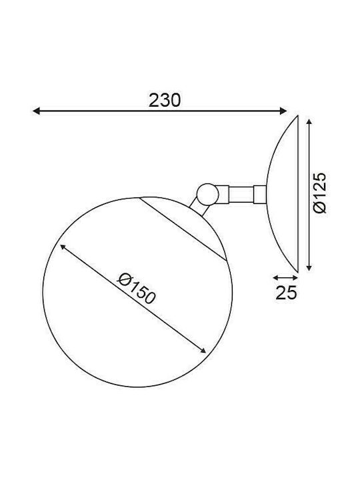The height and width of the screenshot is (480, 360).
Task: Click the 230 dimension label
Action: [x=165, y=100]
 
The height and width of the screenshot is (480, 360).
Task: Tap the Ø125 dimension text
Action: [x=320, y=193]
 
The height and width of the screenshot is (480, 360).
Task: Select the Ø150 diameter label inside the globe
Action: [x=137, y=289]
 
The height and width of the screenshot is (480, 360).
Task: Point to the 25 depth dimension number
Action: [x=286, y=293]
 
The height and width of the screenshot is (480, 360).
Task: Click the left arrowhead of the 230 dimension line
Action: [x=36, y=111]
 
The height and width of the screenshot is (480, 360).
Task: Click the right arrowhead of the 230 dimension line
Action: [x=283, y=111]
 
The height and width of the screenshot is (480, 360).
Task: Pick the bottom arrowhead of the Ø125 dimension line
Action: [x=309, y=267]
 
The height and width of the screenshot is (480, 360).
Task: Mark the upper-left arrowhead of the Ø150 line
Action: [x=63, y=247]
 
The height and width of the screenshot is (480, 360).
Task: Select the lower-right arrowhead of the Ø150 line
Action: [x=203, y=351]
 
